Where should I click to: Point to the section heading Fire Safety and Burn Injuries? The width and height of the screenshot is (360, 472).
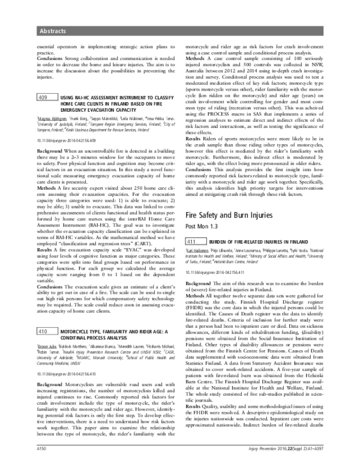tap(236, 215)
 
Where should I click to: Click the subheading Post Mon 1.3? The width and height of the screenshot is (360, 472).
tap(202, 226)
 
